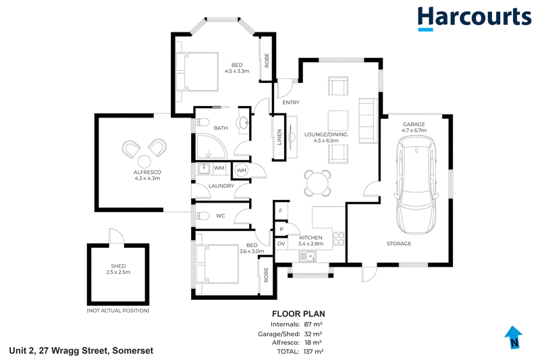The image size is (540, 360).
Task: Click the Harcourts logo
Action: [475, 19]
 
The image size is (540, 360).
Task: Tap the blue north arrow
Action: [514, 337]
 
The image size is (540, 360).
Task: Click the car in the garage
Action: [416, 184]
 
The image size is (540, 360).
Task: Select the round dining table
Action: [317, 183]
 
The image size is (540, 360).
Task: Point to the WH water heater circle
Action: [242, 170]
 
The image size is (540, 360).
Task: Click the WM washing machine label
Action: [219, 168]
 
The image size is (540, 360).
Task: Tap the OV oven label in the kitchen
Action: [281, 244]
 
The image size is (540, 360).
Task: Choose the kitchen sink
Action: [308, 256]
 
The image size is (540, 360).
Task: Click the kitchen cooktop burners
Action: [338, 238]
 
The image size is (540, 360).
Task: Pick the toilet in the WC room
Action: [202, 216]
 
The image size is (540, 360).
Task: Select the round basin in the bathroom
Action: [244, 122]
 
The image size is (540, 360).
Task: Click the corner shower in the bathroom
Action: [211, 147]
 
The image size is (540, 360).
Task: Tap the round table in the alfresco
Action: [144, 161]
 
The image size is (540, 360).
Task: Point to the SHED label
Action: [118, 266]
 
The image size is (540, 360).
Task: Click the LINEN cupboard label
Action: [279, 137]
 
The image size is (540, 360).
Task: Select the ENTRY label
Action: [291, 102]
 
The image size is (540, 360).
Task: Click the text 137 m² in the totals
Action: [313, 351]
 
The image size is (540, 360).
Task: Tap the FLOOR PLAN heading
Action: [298, 314]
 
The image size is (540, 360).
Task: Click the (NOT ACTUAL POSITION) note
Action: [117, 311]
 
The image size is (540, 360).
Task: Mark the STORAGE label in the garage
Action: [399, 244]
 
